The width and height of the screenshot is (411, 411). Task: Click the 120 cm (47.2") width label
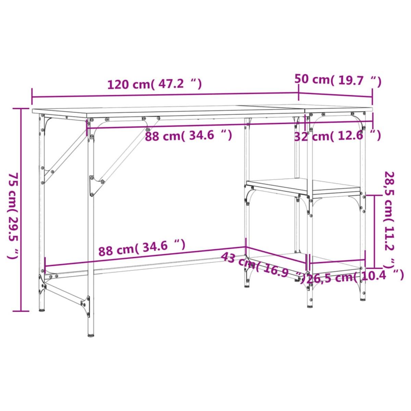154,84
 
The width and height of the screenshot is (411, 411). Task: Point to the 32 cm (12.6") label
338,136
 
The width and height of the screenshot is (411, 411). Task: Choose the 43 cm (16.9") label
262,267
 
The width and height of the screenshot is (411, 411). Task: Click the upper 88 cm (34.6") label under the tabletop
188,136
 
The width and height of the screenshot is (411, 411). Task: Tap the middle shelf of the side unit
303,187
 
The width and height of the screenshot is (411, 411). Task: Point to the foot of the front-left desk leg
91,334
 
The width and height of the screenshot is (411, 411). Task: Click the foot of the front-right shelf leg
310,305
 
